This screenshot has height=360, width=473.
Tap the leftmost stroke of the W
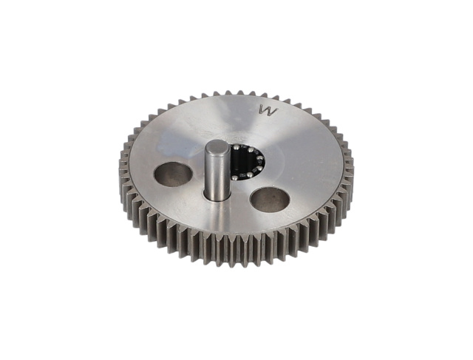coord(262,110)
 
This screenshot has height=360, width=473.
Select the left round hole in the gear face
coord(173,174)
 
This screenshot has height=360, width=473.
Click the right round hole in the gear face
coord(270,200)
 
